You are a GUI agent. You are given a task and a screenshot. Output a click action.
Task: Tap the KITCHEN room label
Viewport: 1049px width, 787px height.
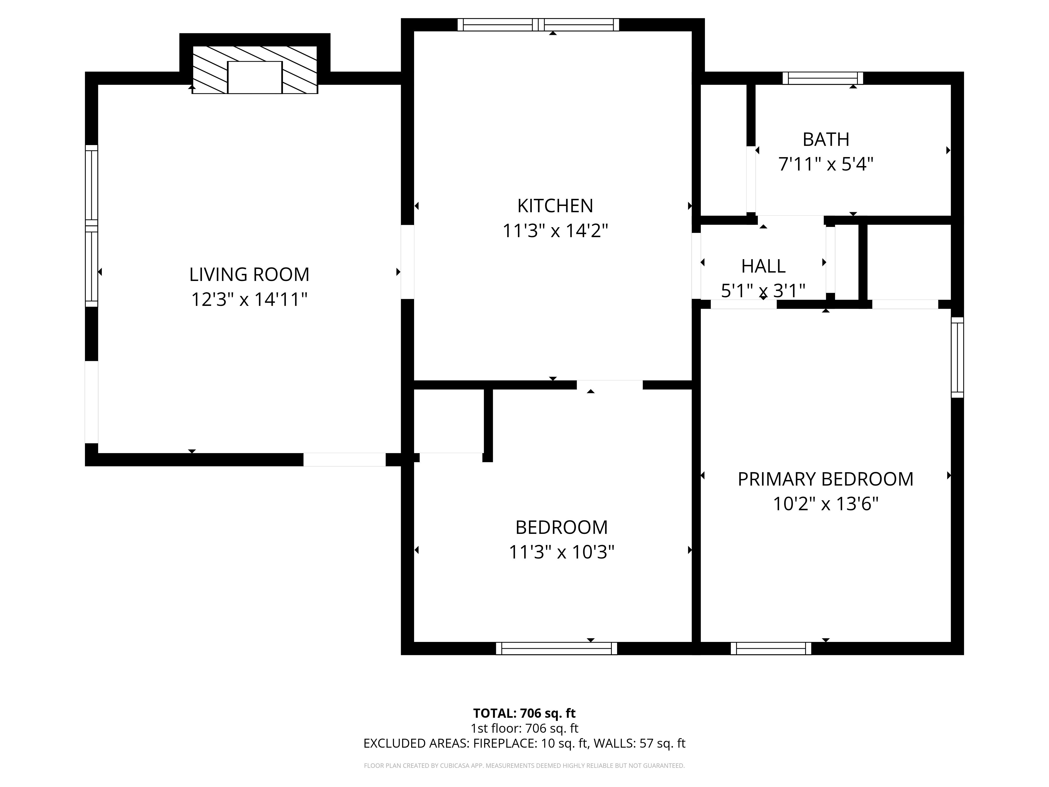click(x=555, y=206)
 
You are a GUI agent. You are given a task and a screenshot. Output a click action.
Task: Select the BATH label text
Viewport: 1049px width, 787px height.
click(x=826, y=140)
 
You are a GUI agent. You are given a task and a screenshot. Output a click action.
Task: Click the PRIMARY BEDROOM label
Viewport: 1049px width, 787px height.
click(x=825, y=479)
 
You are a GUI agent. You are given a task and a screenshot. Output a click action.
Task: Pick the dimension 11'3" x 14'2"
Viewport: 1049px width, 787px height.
click(x=555, y=231)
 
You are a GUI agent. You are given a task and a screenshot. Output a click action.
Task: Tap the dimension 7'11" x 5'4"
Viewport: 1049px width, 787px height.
click(x=826, y=164)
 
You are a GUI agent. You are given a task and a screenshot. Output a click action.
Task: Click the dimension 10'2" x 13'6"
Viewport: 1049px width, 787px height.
click(x=825, y=504)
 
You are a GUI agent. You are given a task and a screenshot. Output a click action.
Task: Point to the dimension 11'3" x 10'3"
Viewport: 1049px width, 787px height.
click(x=561, y=552)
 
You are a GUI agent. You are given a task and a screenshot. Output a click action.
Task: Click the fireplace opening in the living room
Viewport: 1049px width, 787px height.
click(x=255, y=77)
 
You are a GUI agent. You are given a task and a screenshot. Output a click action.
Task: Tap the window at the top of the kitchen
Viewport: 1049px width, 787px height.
click(x=538, y=25)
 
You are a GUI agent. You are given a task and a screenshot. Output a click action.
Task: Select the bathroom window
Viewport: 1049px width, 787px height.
click(x=823, y=78)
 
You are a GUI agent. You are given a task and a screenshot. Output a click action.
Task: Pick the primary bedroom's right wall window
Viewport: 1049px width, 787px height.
click(x=957, y=357)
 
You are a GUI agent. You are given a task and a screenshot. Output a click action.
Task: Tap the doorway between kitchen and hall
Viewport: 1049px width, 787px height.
click(x=696, y=266)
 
